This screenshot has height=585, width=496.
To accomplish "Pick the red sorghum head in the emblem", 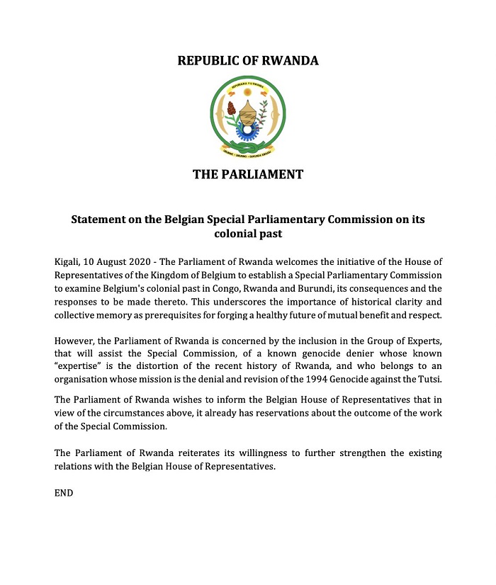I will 231,108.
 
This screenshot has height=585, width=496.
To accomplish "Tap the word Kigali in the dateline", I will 69,261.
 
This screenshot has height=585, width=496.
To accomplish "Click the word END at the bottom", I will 64,492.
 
